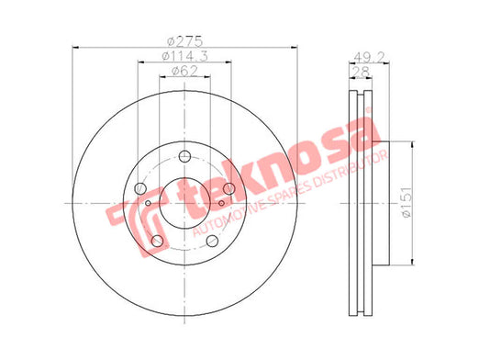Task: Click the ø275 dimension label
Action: [185, 41]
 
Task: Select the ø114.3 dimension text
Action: [184, 56]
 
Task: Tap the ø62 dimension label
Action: [184, 71]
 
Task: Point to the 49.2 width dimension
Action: [369, 57]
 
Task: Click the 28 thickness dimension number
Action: [361, 72]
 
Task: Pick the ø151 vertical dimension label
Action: [406, 202]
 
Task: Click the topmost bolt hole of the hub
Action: [184, 156]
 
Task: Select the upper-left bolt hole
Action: [140, 188]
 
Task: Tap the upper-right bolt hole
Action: [228, 188]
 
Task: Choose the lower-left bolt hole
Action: [157, 241]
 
